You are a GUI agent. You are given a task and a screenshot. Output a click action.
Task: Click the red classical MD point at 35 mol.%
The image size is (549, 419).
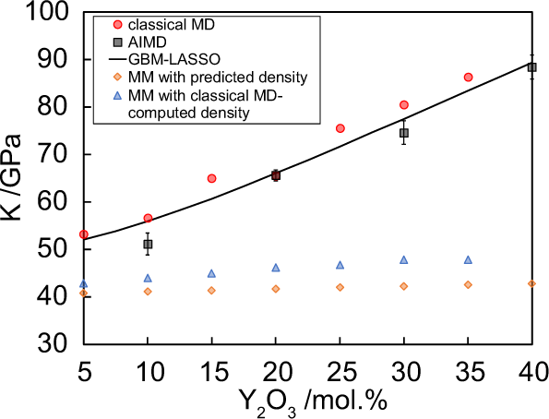click(x=468, y=78)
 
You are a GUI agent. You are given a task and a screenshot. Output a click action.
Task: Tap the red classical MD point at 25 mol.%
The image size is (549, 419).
click(x=340, y=128)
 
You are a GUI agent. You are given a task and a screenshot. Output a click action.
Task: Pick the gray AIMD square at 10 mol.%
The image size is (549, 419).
click(x=148, y=245)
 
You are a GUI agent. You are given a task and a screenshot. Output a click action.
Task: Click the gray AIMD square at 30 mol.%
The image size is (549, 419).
click(x=403, y=133)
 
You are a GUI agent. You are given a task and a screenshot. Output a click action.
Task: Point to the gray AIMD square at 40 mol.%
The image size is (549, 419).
click(x=531, y=66)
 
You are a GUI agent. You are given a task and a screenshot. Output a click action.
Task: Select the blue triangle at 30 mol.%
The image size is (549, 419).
click(x=403, y=259)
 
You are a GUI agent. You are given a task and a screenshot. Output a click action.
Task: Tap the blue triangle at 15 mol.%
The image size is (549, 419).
click(x=211, y=273)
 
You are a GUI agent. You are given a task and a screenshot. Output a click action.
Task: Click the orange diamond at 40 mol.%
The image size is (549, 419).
click(x=531, y=283)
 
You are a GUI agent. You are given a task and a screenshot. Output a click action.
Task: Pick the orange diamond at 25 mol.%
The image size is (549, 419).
click(x=340, y=287)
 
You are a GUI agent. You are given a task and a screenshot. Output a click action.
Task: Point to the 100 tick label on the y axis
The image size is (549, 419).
click(x=49, y=12)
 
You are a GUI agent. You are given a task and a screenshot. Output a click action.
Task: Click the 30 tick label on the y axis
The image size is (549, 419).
click(x=55, y=344)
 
